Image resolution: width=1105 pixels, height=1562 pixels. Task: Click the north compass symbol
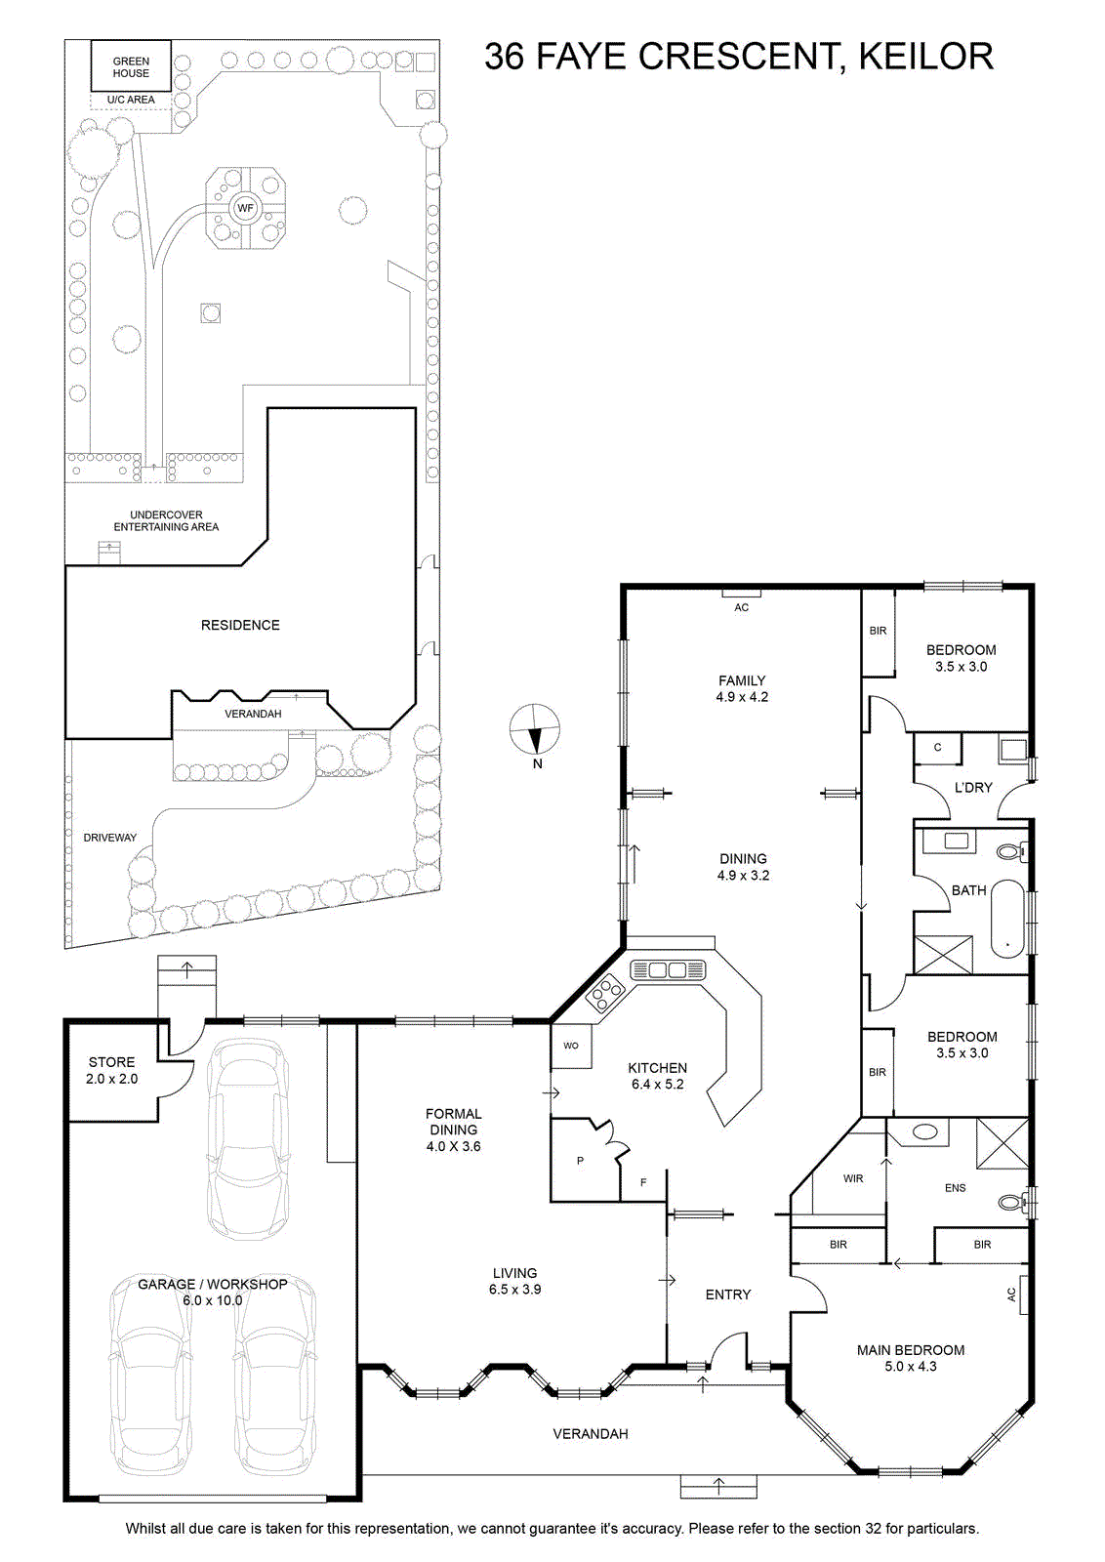point(534,729)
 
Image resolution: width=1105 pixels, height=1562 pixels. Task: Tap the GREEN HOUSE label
point(131,67)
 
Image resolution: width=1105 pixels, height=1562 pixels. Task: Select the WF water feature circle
point(245,208)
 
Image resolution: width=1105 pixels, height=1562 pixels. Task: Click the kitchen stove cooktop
point(603,992)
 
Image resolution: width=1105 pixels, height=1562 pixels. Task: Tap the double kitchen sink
point(668,970)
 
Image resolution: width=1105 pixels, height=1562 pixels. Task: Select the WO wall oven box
point(572,1046)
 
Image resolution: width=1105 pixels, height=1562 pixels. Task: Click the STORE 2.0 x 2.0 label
point(111,1070)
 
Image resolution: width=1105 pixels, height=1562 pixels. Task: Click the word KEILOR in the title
point(925,57)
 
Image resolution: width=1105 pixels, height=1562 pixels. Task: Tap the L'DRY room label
point(973,787)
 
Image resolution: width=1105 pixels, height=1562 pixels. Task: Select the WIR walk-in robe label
point(852,1178)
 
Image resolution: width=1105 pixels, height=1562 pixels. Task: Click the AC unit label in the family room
point(741,607)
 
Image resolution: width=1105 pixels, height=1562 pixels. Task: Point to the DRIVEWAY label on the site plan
point(110,838)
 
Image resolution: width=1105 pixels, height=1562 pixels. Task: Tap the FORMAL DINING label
point(454,1122)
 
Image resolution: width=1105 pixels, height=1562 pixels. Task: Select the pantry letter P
point(580,1161)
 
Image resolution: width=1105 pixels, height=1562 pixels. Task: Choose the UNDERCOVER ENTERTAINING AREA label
point(166,521)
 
